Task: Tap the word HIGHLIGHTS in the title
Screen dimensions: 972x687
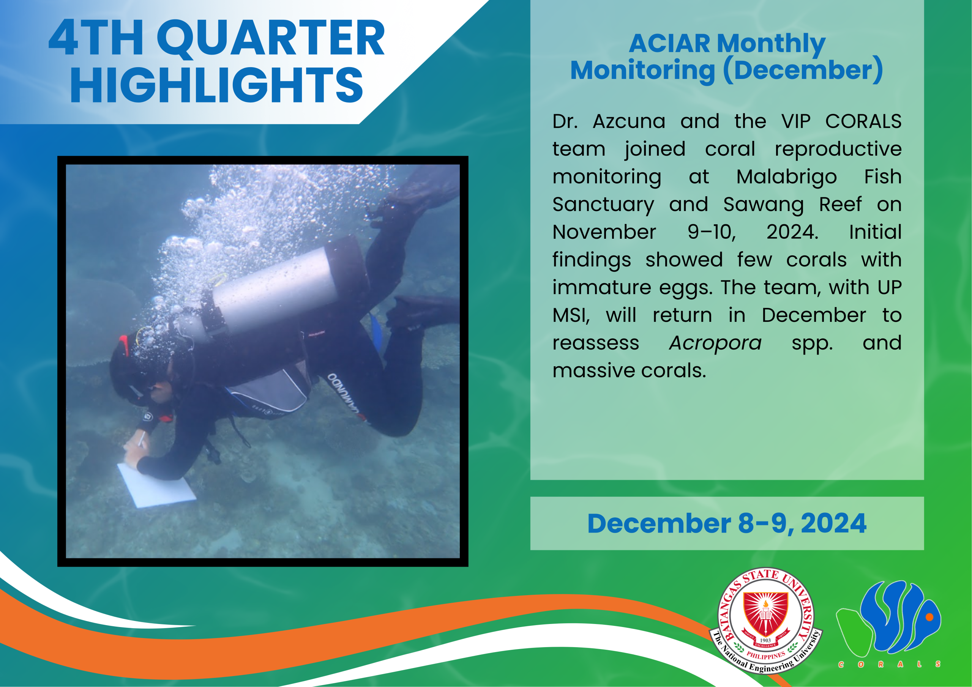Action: click(x=217, y=85)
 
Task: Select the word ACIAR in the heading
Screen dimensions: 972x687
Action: click(x=669, y=43)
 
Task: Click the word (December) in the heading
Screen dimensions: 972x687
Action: click(x=803, y=70)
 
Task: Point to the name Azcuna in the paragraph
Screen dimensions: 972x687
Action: click(x=629, y=122)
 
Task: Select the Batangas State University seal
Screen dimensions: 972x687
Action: click(x=766, y=621)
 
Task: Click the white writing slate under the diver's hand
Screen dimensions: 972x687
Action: click(x=156, y=485)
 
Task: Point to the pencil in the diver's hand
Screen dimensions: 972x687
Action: click(x=141, y=439)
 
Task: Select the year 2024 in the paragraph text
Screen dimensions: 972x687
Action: click(x=792, y=232)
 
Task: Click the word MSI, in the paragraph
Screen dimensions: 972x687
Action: click(x=571, y=316)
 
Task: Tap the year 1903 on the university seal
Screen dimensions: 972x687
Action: click(x=765, y=640)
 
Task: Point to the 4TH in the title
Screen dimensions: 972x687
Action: click(x=96, y=38)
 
